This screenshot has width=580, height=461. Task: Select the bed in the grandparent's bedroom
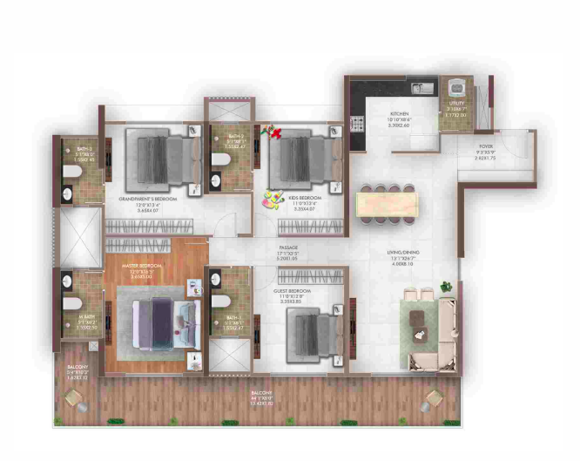point(158,158)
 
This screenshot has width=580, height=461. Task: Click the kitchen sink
point(421,87)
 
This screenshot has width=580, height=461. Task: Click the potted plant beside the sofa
point(447,286)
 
